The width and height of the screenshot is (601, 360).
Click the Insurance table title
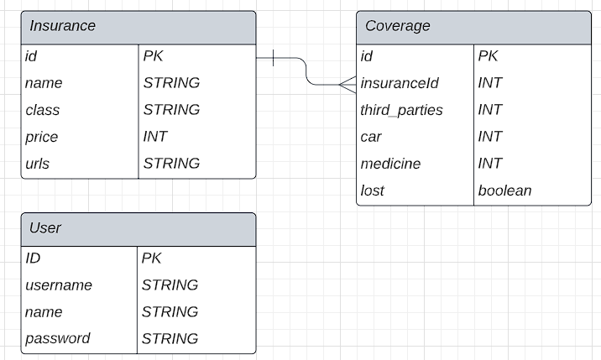click(62, 26)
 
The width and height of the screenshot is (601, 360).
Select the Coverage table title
click(397, 26)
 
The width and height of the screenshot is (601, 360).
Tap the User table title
click(45, 228)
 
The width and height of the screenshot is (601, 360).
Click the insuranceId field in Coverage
click(399, 83)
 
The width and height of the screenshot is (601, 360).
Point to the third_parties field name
click(401, 110)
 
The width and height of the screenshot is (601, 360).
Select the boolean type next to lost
click(504, 190)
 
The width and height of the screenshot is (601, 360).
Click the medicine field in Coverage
click(390, 164)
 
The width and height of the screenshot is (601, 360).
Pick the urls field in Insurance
click(37, 164)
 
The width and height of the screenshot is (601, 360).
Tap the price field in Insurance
click(41, 137)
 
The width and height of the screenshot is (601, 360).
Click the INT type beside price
click(155, 137)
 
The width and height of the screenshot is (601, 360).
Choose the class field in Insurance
click(42, 110)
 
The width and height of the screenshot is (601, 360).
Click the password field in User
click(58, 339)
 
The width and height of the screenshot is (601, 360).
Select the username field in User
click(59, 285)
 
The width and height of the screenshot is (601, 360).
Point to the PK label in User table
click(152, 258)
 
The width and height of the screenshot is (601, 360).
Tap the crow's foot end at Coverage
click(348, 84)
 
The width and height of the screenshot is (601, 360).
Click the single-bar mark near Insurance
click(274, 58)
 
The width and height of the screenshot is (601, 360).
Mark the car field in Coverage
click(371, 137)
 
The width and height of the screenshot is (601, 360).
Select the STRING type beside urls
click(171, 164)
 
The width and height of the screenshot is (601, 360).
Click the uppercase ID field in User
click(33, 258)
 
